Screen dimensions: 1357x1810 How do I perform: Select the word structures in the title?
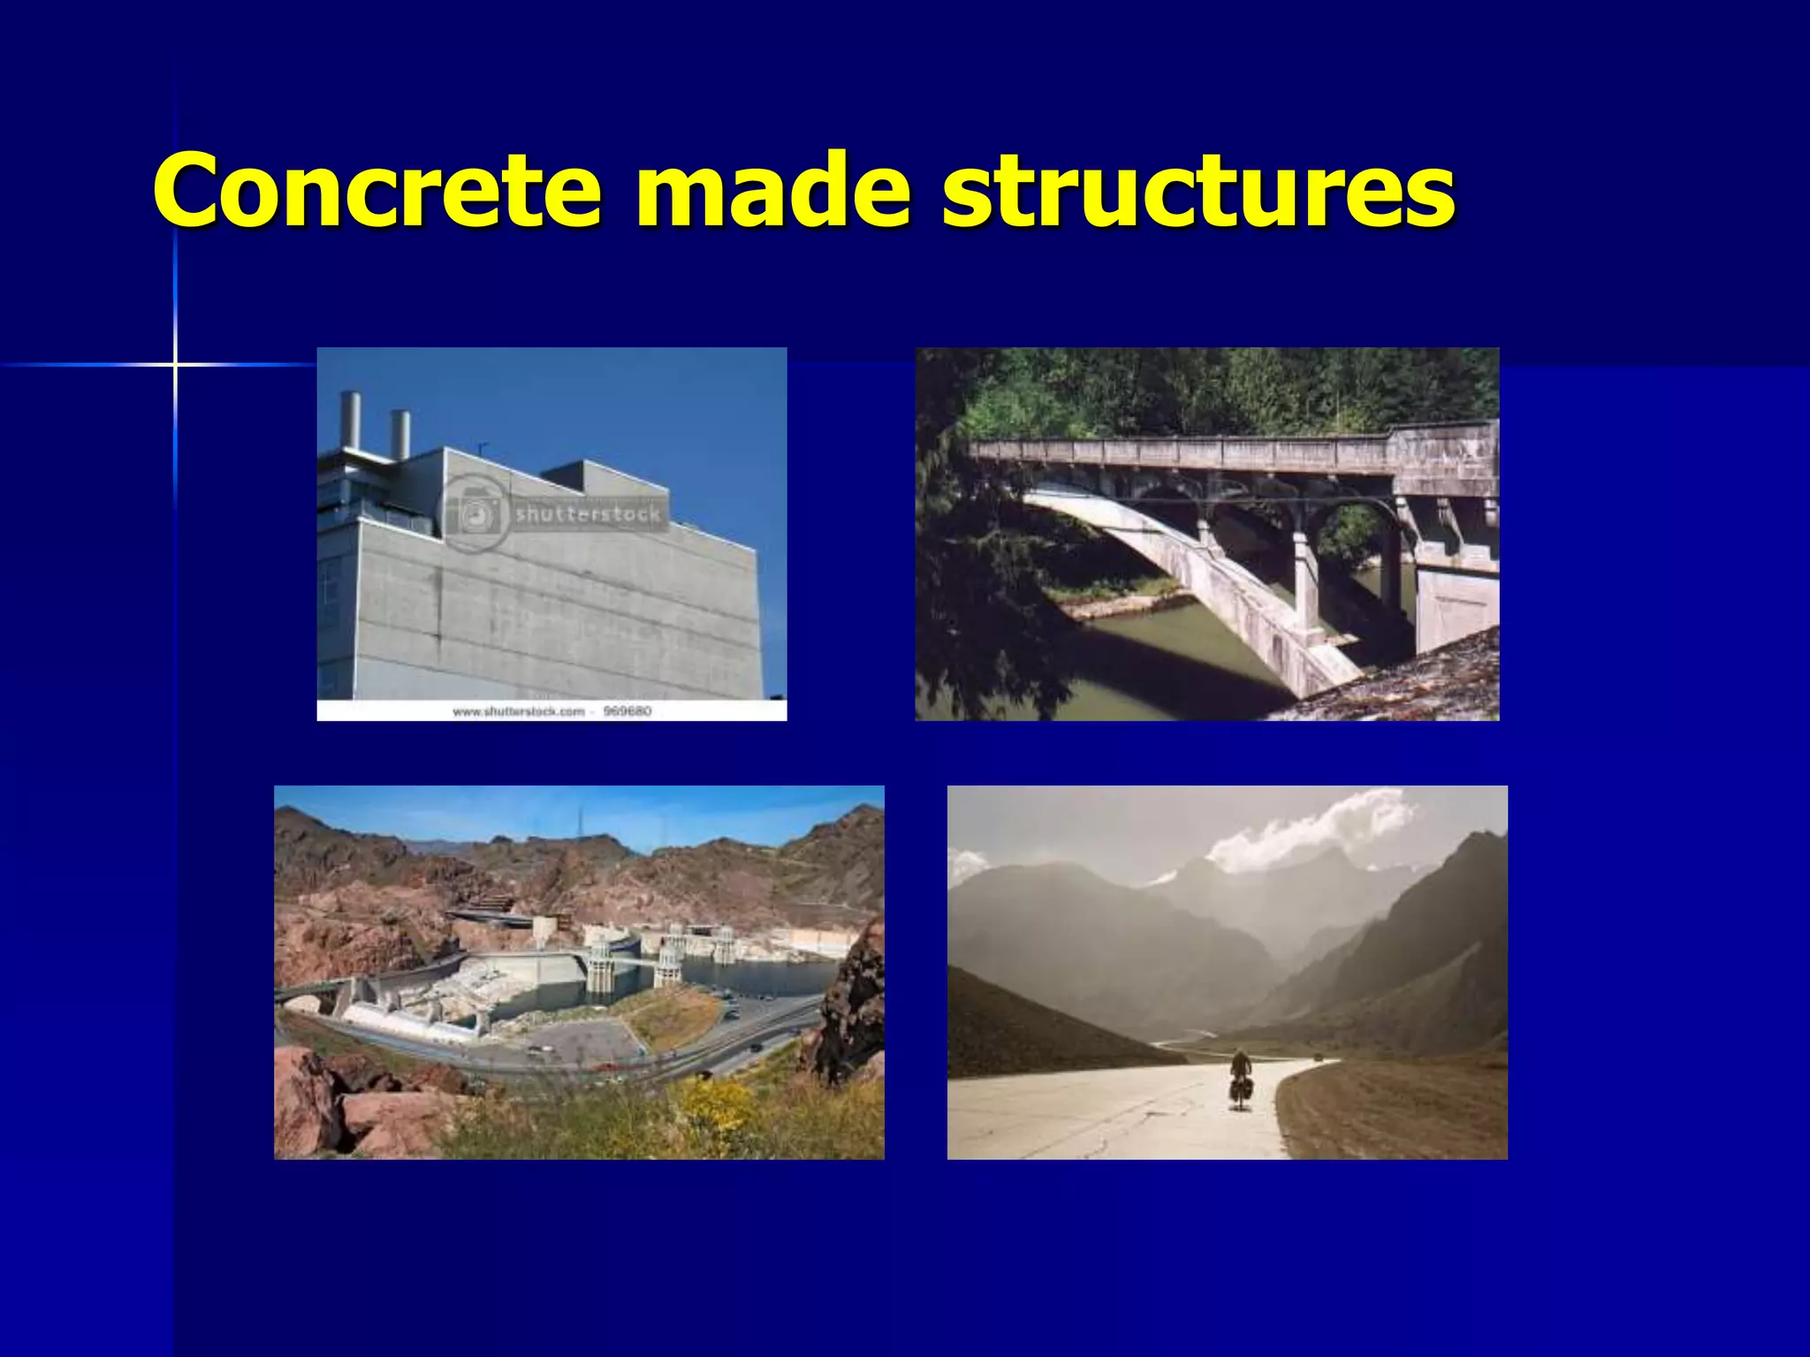click(1198, 190)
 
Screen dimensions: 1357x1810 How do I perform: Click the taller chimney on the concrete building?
click(350, 421)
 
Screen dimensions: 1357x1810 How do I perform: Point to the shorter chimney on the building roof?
click(400, 434)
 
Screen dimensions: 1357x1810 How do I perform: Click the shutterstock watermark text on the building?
click(588, 513)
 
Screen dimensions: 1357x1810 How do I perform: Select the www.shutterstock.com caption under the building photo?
click(519, 711)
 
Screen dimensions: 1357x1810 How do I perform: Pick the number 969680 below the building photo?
click(627, 711)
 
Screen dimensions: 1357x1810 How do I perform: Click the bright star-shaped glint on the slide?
click(175, 364)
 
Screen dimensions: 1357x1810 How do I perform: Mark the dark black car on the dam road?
click(757, 1046)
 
